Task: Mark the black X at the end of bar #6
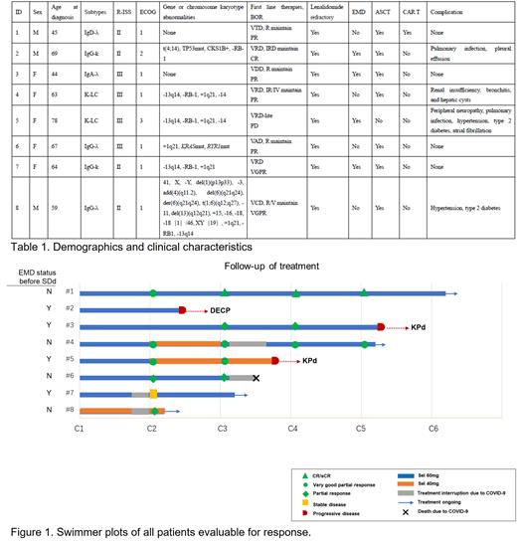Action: click(x=257, y=378)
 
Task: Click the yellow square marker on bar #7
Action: click(x=153, y=395)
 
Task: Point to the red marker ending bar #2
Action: click(x=182, y=310)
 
